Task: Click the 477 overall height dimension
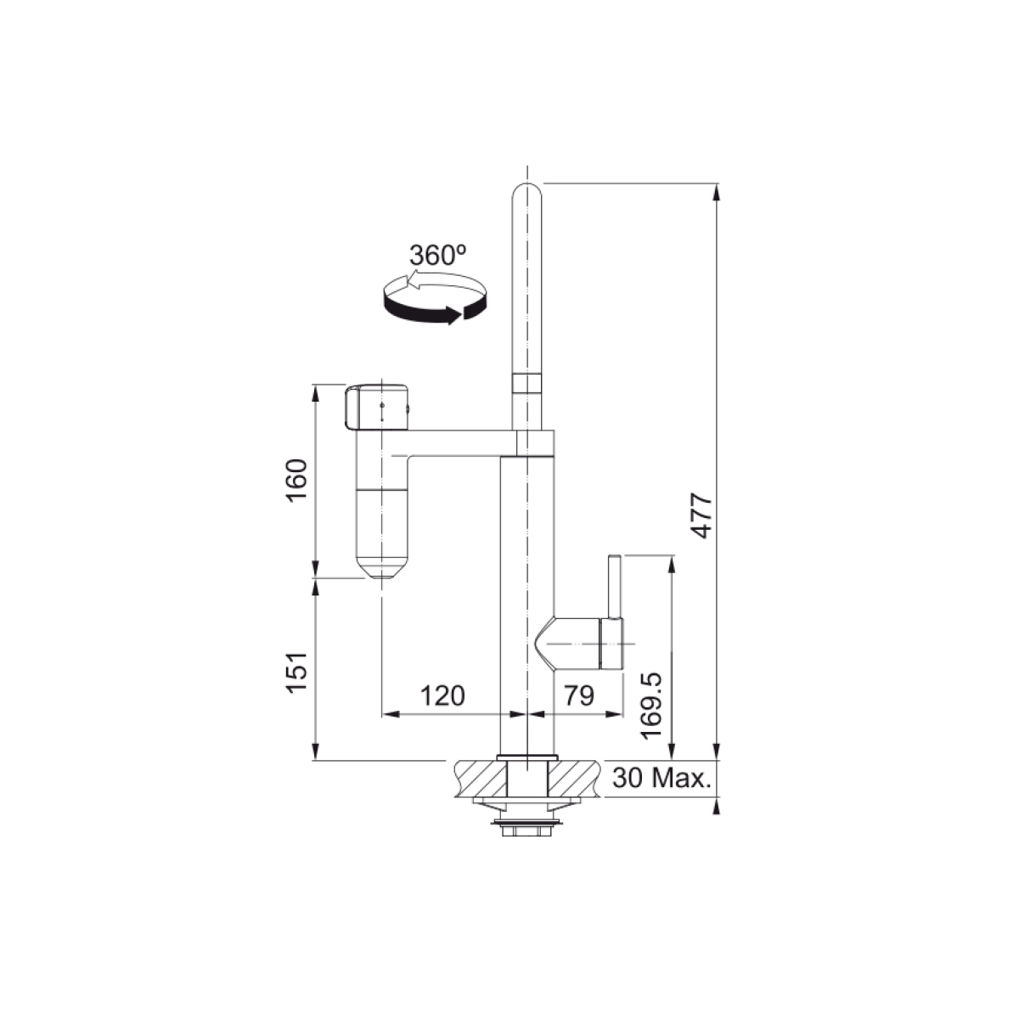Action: pos(703,515)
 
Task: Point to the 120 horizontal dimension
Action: pos(442,696)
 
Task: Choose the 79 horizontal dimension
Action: pos(579,696)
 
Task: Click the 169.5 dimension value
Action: pos(650,706)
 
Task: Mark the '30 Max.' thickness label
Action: pos(662,778)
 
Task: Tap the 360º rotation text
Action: pos(438,256)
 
